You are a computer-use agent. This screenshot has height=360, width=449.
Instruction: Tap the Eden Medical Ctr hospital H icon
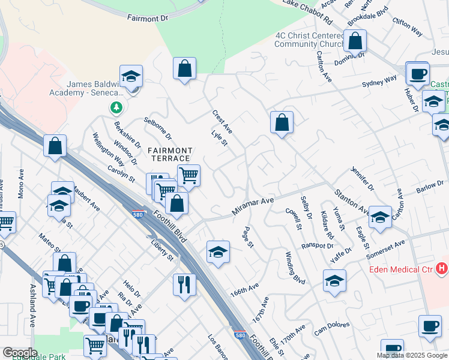(x=442, y=268)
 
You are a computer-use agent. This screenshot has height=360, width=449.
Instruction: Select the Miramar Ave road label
(x=253, y=206)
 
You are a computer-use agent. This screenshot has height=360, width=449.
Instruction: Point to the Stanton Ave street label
(x=352, y=202)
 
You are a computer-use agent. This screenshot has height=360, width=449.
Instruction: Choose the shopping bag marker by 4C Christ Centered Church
(x=355, y=41)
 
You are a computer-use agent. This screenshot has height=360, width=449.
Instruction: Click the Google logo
(x=20, y=353)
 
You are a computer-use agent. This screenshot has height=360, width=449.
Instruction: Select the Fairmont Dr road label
(x=148, y=19)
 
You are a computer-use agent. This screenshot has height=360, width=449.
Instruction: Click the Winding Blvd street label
(x=295, y=268)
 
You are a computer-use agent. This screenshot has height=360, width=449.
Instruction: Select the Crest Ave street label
(x=222, y=122)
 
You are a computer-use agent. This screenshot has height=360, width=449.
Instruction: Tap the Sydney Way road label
(x=379, y=81)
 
